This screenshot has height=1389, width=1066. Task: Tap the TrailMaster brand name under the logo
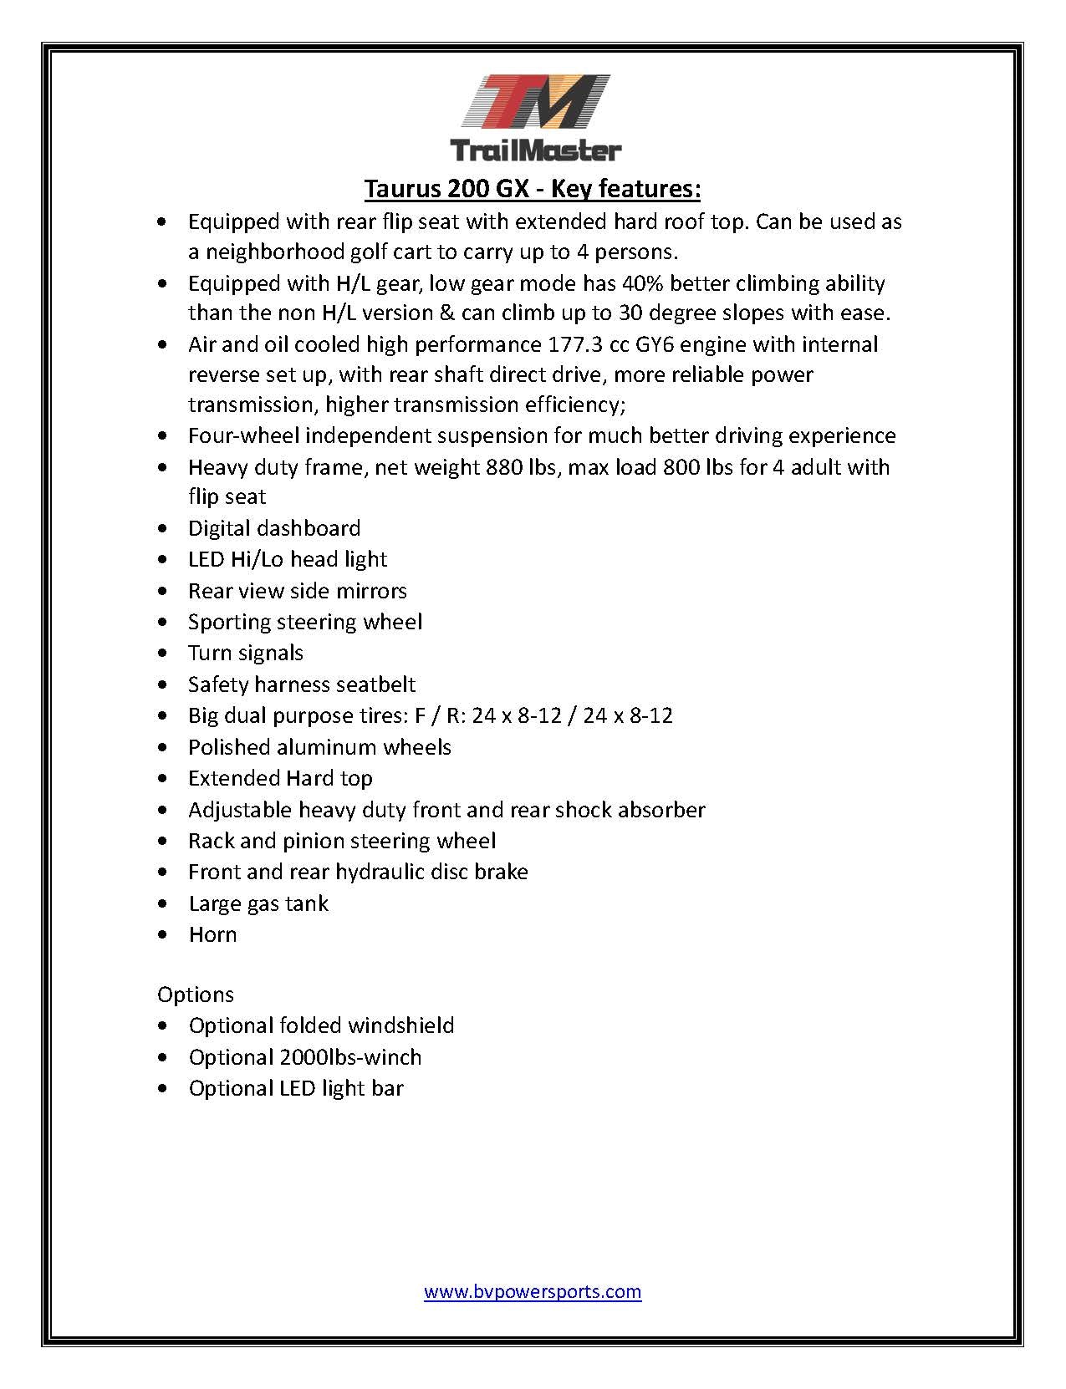tap(535, 150)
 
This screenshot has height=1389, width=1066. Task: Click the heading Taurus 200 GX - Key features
tap(533, 189)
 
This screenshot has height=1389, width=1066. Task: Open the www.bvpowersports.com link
tap(533, 1291)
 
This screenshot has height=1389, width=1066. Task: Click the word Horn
tap(212, 934)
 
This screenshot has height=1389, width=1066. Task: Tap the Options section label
tap(195, 995)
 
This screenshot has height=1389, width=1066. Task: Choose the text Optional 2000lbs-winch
tap(304, 1057)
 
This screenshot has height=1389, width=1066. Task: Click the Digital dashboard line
tap(274, 528)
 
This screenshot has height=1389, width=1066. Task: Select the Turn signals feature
tap(245, 653)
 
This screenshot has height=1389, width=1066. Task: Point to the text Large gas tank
tap(258, 903)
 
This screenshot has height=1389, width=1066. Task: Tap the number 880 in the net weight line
tap(503, 466)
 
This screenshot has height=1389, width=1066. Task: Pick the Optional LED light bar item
tap(296, 1088)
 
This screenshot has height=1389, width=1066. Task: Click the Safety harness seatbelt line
tap(302, 684)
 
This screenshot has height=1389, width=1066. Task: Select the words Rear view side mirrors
tap(297, 591)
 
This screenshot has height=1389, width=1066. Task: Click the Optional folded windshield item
tap(321, 1025)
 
